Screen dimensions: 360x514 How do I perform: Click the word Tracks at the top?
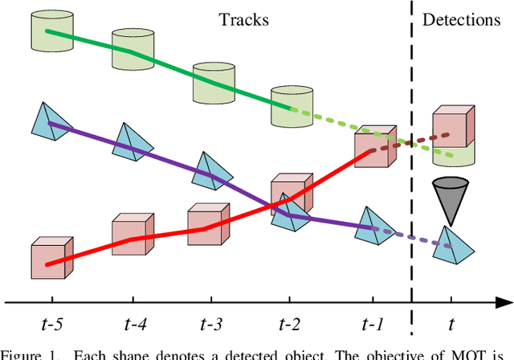point(244,19)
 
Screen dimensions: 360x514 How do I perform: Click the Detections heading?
point(461,19)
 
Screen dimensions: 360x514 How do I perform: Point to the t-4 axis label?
point(129,324)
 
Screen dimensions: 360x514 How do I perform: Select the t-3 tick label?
point(210,324)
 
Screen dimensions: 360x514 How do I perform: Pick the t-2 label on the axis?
point(290,324)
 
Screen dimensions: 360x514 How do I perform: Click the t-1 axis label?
point(373,324)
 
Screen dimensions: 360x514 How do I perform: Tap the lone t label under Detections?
point(451,324)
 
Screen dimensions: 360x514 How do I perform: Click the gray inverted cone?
point(450,197)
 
